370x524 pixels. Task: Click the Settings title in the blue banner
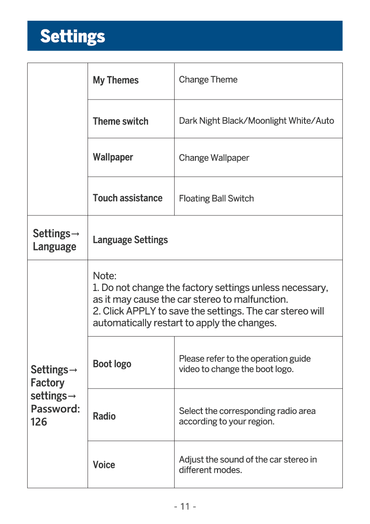72,36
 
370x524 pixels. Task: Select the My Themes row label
116,80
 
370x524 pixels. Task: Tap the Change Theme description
208,80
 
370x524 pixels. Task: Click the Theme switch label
120,122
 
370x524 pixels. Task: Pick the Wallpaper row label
113,157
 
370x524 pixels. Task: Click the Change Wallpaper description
214,158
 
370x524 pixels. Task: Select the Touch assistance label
128,198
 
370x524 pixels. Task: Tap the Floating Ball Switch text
216,198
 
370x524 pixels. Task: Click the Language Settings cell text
130,240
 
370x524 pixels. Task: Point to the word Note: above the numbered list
105,276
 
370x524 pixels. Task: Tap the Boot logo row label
112,364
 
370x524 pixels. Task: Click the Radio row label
104,416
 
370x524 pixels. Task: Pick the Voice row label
104,465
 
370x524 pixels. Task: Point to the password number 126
39,422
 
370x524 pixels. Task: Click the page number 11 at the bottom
185,507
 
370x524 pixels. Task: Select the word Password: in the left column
55,409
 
